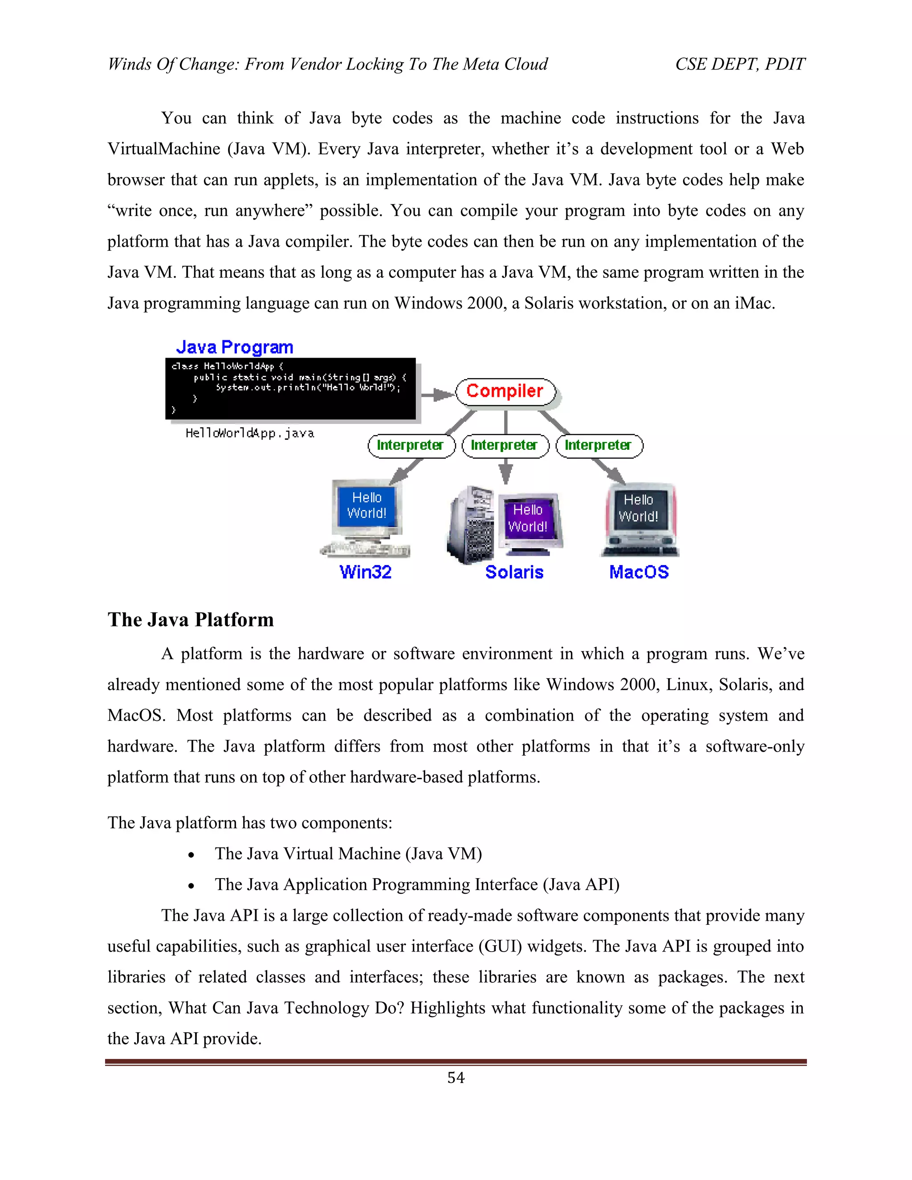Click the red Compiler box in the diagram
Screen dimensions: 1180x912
coord(505,391)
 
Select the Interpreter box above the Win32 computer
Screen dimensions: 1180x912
coord(411,445)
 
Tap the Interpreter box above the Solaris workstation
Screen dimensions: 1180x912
coord(505,445)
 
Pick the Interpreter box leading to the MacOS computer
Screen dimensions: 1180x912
coord(598,445)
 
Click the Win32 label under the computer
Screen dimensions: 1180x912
coord(365,572)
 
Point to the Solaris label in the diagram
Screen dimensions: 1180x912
coord(514,572)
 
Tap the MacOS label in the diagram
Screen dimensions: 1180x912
coord(639,572)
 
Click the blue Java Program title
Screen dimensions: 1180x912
coord(235,347)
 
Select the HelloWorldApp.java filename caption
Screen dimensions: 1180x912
coord(250,433)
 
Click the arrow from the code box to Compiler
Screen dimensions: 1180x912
coord(436,395)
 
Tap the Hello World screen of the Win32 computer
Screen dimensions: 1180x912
coord(367,506)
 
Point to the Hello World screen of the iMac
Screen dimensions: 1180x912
coord(638,509)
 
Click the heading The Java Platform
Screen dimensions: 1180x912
coord(190,620)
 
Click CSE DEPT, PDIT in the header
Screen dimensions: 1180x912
coord(740,64)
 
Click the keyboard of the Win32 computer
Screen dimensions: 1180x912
coord(365,550)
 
